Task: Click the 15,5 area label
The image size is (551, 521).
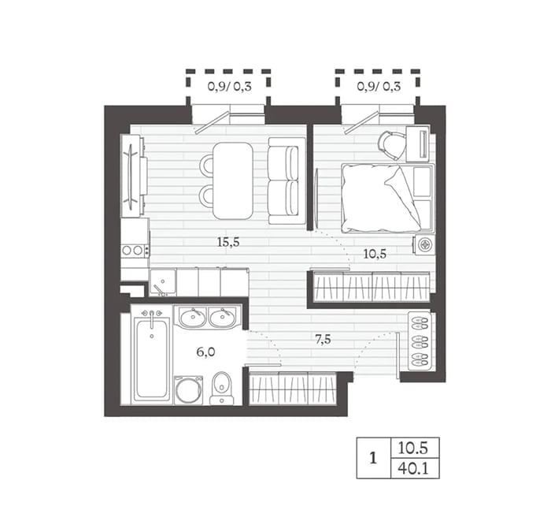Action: coord(228,242)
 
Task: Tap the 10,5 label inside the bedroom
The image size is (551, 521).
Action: coord(375,254)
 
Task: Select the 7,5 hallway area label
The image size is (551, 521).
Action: coord(323,340)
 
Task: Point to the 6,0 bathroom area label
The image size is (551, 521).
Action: coord(205,352)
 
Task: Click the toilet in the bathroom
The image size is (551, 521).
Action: coord(222,388)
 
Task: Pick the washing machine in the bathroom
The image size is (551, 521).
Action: coord(189,390)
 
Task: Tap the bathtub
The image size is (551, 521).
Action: coord(152,358)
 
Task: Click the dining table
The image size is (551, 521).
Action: coord(233,181)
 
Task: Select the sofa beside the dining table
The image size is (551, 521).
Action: coord(287,180)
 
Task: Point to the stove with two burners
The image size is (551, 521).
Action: coord(135,250)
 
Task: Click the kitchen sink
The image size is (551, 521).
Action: coord(163,282)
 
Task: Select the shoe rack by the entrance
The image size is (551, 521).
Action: coord(420,341)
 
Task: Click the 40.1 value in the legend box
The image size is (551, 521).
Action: coord(413,468)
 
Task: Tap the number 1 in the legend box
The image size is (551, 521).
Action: coord(373,459)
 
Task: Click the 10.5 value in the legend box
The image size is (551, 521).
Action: coord(413,448)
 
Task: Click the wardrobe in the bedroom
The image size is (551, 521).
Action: coord(372,287)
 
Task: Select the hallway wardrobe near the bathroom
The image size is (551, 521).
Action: coord(293,388)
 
